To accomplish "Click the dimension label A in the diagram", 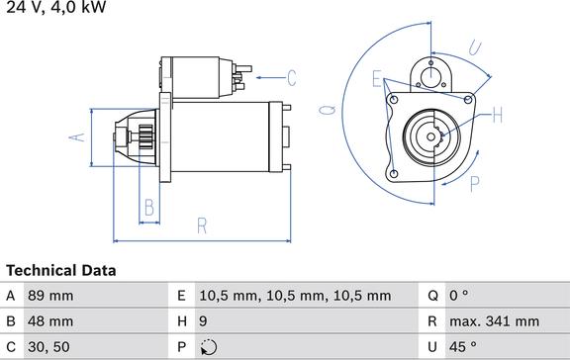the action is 77,137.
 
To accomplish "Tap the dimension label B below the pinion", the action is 149,208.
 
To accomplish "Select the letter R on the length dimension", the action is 202,225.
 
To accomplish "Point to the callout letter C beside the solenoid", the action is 292,78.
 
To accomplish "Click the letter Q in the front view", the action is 328,110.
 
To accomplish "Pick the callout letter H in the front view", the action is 498,115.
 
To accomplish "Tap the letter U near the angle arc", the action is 475,47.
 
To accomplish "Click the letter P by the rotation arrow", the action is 474,184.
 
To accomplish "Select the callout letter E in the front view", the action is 377,79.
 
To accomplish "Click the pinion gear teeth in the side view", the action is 146,136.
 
